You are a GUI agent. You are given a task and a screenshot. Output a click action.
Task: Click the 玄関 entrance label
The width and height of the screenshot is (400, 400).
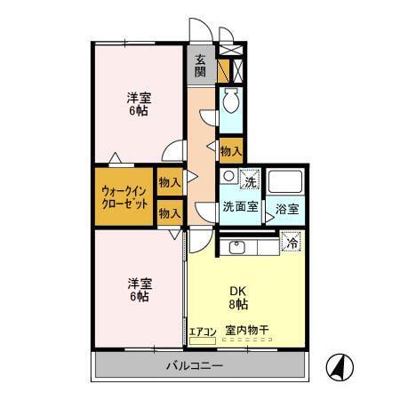pos(201,67)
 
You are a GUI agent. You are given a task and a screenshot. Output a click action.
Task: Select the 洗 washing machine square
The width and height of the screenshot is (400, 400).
pos(250,180)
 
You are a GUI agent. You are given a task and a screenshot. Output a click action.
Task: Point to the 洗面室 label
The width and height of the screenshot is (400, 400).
pos(240,207)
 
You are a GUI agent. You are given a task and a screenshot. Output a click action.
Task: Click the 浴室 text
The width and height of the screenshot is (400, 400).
pos(286,209)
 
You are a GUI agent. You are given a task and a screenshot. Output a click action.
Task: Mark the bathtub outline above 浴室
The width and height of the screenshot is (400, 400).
pos(286,183)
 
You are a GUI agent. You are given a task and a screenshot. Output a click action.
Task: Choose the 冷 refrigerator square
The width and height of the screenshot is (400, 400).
pos(291,241)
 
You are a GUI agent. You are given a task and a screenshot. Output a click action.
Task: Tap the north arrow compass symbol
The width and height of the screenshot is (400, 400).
pos(339,365)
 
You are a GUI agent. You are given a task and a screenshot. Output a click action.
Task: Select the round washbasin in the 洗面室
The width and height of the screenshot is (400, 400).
pos(228,176)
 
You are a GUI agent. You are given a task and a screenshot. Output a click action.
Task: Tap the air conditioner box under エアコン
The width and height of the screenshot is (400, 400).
pos(204,340)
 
